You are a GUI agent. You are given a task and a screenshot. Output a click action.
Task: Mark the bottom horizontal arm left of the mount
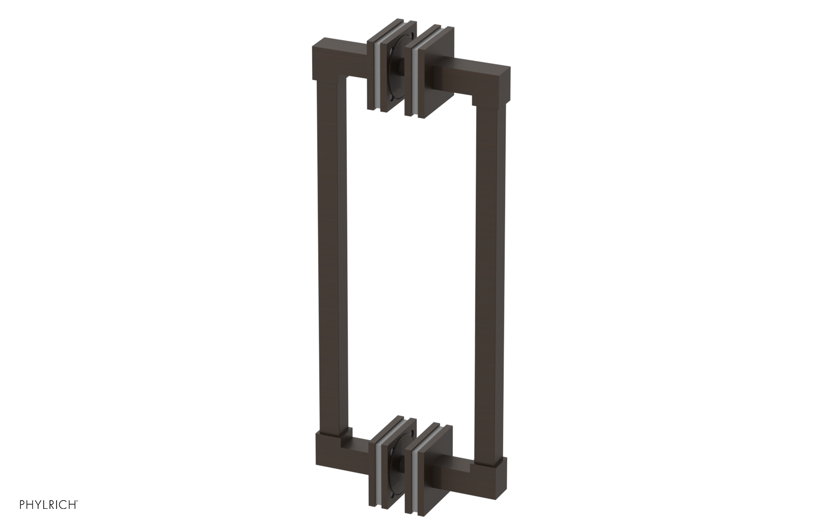[357, 448]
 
